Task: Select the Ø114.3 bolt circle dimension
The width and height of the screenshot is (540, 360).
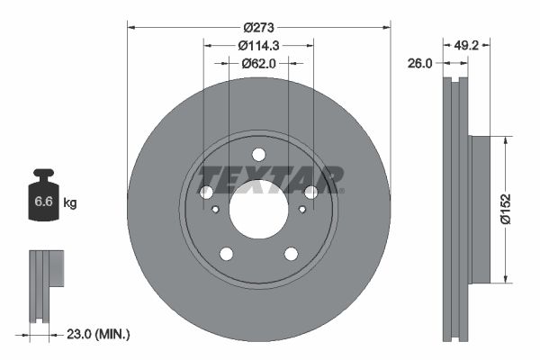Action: (258, 46)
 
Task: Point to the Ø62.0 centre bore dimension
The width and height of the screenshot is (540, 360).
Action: (258, 63)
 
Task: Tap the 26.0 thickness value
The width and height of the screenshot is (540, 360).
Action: (420, 63)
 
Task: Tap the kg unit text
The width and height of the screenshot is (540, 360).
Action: (70, 203)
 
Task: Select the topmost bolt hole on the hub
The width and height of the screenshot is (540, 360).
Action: (258, 154)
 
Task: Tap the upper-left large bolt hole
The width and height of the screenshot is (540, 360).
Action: (206, 192)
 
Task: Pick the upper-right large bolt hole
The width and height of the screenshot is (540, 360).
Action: (310, 192)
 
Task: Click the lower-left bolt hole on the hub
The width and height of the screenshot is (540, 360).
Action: (226, 254)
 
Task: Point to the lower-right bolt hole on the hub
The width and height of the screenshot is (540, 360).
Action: (291, 254)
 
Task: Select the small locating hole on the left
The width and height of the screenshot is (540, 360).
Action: (216, 210)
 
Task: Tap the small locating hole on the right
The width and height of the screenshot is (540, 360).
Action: (301, 210)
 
